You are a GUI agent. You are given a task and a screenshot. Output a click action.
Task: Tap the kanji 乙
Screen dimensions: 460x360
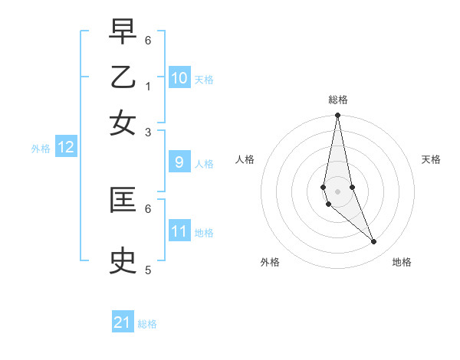123,79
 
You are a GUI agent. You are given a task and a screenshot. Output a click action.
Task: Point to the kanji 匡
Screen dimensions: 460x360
123,201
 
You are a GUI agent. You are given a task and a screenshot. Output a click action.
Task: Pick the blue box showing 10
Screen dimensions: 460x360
179,78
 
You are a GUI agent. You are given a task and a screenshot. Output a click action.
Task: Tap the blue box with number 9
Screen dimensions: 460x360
179,162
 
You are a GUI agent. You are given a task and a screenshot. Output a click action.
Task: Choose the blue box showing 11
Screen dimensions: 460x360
179,231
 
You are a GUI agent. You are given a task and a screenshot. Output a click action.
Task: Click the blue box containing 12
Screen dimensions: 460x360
66,148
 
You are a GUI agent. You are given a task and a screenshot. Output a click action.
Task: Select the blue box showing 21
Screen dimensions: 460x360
123,322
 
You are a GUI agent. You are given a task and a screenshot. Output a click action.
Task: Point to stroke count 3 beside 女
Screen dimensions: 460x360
148,132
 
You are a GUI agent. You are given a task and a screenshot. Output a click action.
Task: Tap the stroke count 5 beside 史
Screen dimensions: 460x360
148,270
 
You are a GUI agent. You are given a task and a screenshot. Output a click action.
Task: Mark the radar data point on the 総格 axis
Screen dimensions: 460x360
337,116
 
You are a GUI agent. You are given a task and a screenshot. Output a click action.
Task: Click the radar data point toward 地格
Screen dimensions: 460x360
373,242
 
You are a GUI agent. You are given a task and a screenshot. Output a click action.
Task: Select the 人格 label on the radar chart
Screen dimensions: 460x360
245,159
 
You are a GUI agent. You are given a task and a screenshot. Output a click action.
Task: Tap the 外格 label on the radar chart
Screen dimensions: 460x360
270,263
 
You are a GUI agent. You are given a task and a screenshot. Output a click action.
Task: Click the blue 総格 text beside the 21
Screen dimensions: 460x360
147,324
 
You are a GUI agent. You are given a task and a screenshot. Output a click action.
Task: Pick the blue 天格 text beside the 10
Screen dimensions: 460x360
204,80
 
